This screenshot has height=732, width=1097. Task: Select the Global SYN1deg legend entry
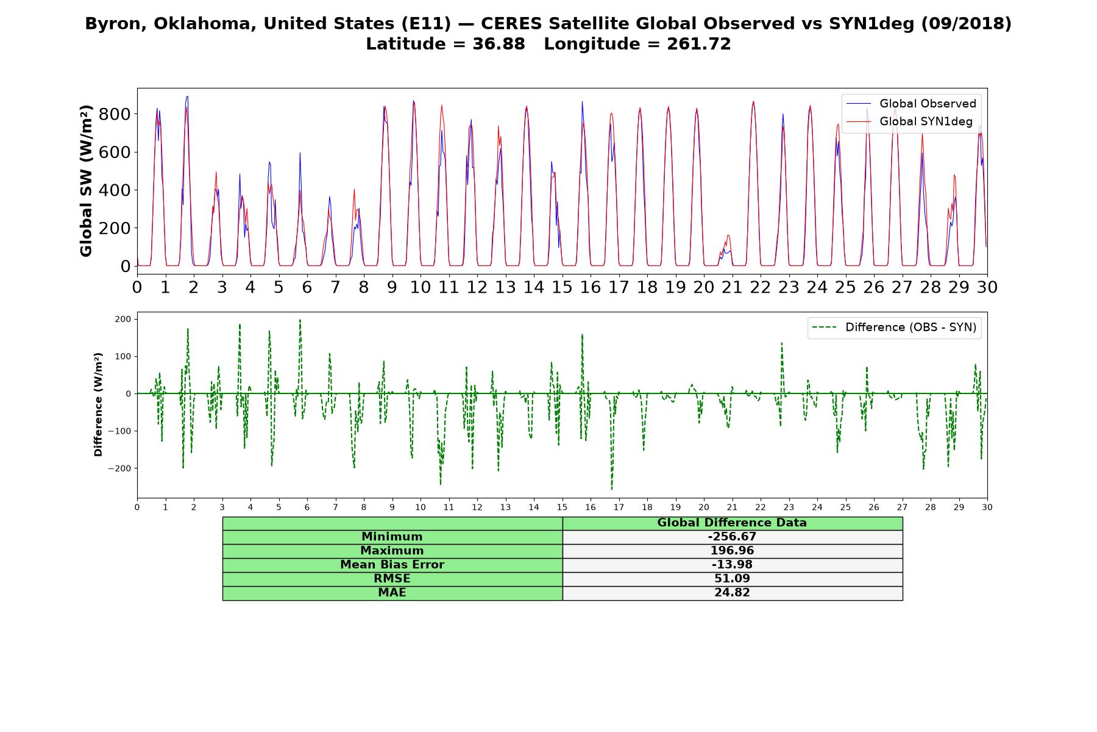click(909, 121)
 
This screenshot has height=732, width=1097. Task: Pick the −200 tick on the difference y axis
click(120, 468)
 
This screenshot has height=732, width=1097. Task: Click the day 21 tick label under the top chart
click(732, 287)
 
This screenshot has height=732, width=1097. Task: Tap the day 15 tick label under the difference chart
click(562, 508)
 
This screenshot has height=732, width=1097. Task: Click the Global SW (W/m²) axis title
click(86, 181)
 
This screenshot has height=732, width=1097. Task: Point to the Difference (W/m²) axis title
click(98, 404)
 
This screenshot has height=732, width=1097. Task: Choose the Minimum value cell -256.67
click(732, 537)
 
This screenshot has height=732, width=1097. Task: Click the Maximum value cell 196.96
click(732, 551)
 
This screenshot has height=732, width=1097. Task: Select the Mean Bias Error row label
click(392, 565)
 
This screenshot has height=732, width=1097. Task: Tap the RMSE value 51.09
click(732, 579)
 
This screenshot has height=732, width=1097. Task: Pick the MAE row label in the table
click(392, 593)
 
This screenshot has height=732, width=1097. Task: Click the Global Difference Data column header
click(732, 523)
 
